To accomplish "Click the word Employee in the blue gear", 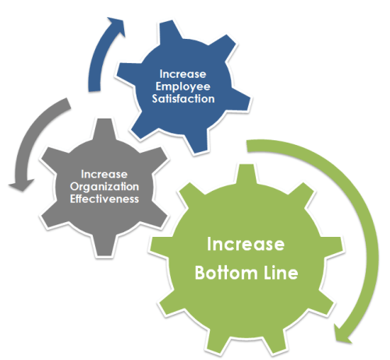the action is click(183, 87).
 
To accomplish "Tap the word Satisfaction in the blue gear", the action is click(183, 99).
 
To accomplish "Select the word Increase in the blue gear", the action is click(183, 74).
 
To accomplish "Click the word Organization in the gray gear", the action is click(105, 187).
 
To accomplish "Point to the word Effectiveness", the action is click(105, 199).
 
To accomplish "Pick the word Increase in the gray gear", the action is click(105, 175).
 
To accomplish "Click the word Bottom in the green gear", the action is click(226, 273).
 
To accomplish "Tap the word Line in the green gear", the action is click(281, 273).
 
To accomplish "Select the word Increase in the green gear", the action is click(246, 244).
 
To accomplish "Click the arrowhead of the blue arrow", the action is click(117, 26).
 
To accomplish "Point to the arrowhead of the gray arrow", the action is click(21, 185).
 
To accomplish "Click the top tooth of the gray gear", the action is click(104, 129).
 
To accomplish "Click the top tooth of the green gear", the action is click(246, 175).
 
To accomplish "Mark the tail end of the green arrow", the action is click(247, 146).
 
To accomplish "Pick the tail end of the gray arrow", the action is click(68, 104).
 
